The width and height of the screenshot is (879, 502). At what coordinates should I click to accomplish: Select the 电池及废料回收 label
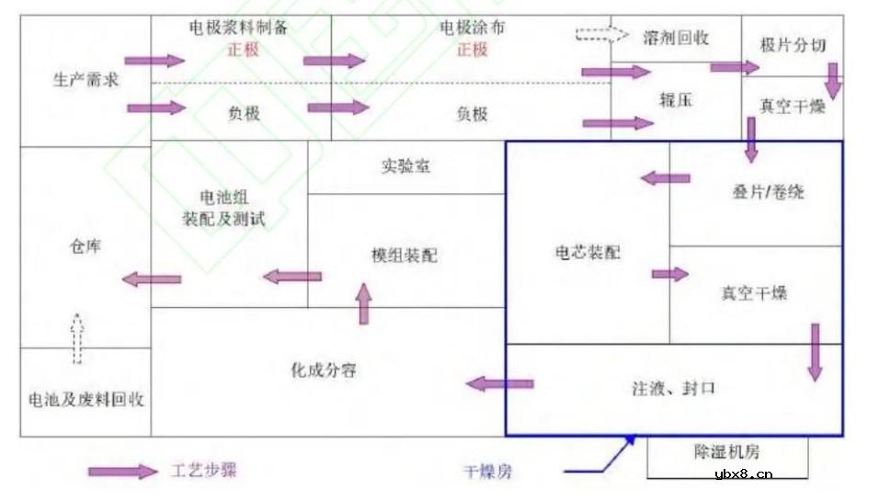[x=86, y=401]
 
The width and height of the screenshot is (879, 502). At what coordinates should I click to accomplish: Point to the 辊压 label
[x=675, y=101]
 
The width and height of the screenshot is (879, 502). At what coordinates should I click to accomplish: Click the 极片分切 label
[x=793, y=44]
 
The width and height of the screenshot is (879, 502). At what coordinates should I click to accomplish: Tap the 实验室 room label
[x=405, y=167]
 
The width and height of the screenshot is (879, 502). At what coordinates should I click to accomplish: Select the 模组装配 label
[x=405, y=255]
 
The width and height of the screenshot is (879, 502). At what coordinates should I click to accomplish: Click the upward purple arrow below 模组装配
[x=363, y=303]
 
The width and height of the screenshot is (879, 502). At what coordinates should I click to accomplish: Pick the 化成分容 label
[x=324, y=371]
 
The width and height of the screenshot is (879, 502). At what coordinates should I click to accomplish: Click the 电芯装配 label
[x=588, y=252]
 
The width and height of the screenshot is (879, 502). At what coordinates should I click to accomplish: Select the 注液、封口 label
[x=674, y=388]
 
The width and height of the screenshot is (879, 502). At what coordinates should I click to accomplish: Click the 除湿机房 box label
[x=726, y=452]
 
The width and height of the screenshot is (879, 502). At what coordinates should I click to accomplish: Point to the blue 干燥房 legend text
[x=488, y=473]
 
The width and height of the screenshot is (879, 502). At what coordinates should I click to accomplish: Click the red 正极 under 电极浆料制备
[x=243, y=49]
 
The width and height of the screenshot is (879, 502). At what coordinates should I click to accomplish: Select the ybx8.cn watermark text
[x=743, y=474]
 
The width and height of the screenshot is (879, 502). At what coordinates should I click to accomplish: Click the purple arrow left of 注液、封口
[x=499, y=382]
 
